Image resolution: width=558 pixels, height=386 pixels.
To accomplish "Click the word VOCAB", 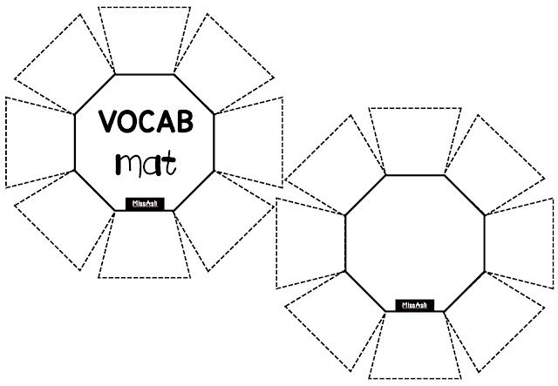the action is [144, 125].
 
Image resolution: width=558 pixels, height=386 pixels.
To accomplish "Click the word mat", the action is [144, 162].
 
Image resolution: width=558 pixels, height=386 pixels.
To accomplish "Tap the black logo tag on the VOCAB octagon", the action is [144, 204].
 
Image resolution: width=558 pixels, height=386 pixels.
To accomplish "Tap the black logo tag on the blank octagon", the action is [414, 305].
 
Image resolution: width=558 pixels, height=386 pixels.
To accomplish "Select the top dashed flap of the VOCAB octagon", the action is [145, 39].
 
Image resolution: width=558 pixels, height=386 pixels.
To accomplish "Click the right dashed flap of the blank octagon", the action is [520, 242].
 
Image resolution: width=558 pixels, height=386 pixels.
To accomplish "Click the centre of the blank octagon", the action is [414, 242].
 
